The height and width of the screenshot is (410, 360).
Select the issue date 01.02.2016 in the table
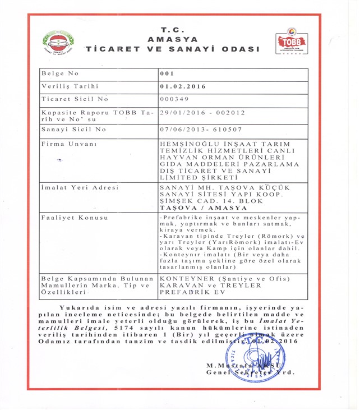point(182,86)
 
